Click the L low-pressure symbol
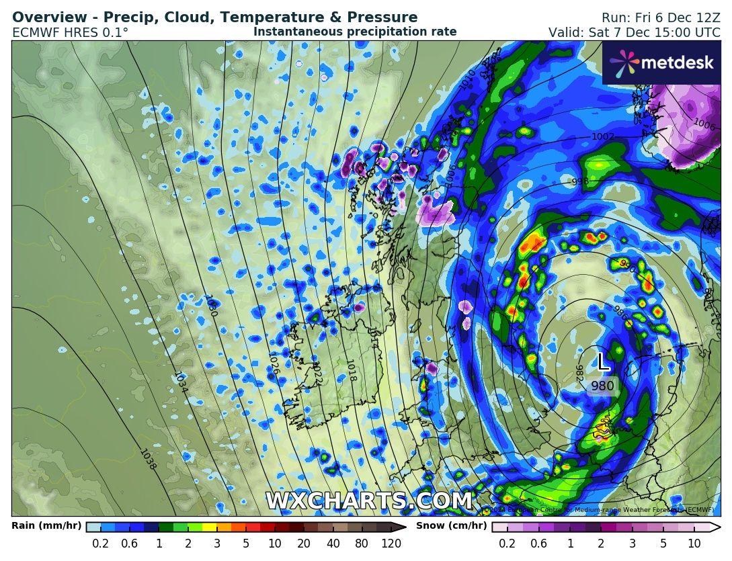pyautogui.click(x=603, y=363)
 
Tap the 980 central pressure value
pyautogui.click(x=602, y=386)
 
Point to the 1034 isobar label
pyautogui.click(x=180, y=383)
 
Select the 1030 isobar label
pyautogui.click(x=210, y=306)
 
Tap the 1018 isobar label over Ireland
pyautogui.click(x=350, y=370)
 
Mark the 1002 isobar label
pyautogui.click(x=602, y=136)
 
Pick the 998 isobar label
pyautogui.click(x=579, y=181)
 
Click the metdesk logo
pyautogui.click(x=661, y=62)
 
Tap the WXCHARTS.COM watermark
pyautogui.click(x=368, y=501)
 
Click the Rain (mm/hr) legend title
pyautogui.click(x=46, y=526)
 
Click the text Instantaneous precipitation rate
pyautogui.click(x=355, y=32)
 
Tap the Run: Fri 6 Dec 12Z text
pyautogui.click(x=660, y=17)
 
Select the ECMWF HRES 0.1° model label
pyautogui.click(x=70, y=32)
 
